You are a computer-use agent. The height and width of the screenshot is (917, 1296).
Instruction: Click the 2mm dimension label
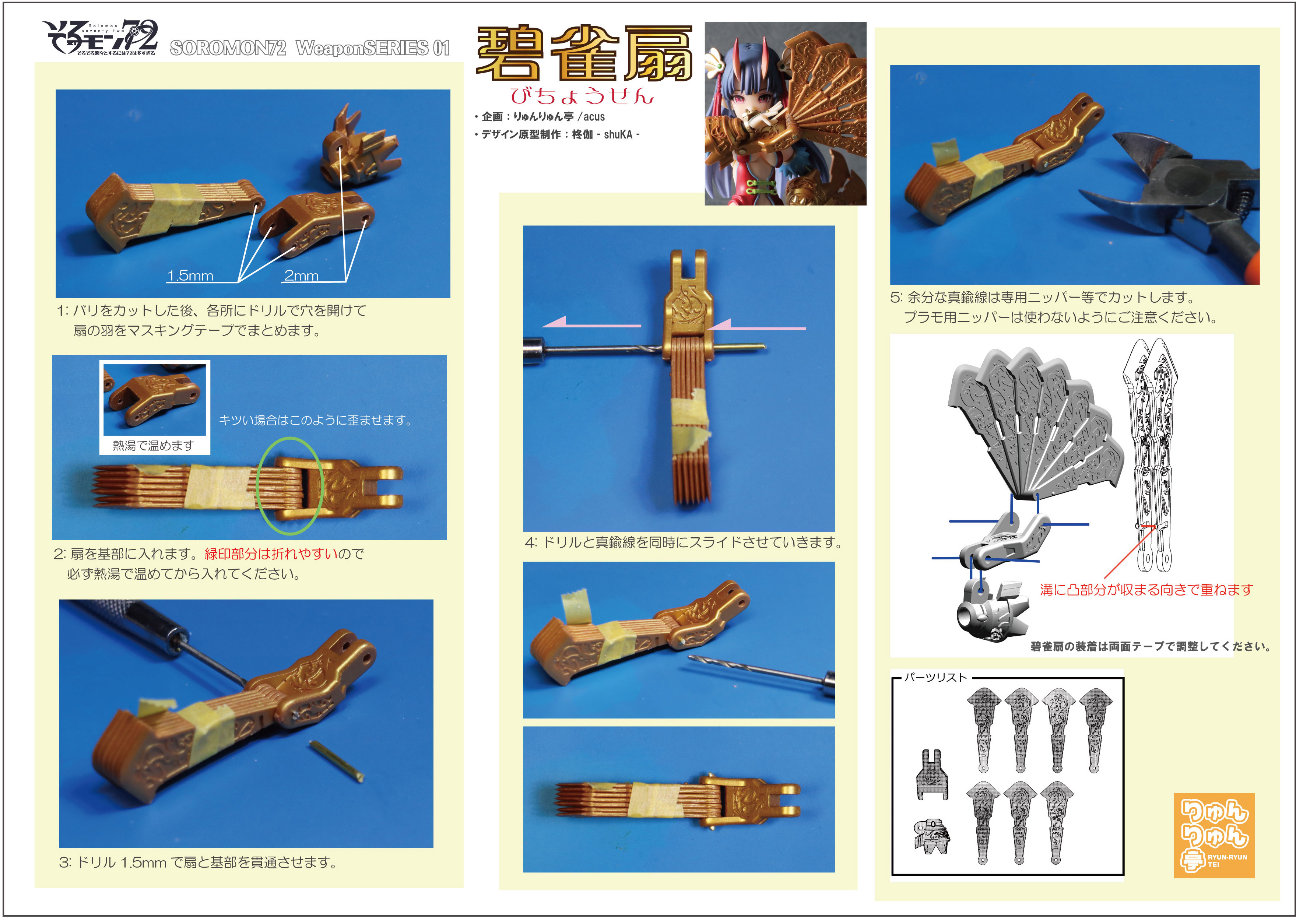[301, 275]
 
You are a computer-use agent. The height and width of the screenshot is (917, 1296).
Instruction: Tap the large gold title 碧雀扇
[584, 54]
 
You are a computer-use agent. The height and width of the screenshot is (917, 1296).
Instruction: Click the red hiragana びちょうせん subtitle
[582, 96]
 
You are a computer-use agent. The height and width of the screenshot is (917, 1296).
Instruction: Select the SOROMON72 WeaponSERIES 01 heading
[309, 48]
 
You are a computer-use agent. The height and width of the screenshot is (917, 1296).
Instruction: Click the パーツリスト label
[935, 677]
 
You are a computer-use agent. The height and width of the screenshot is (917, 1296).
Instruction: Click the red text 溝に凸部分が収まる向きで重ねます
[1146, 590]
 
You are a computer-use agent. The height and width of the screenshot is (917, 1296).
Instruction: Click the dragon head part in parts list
[931, 835]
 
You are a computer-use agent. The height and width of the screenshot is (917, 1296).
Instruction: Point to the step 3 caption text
[198, 862]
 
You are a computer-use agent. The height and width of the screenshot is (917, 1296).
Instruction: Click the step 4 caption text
[683, 542]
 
